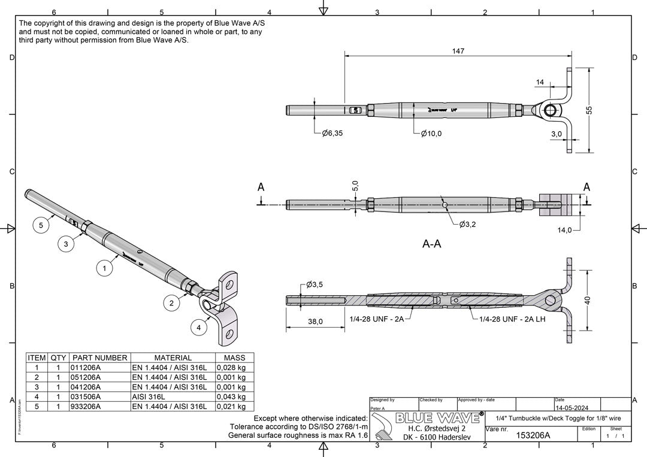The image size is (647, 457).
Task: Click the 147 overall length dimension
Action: pyautogui.click(x=458, y=52)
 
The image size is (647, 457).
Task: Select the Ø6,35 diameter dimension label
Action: pyautogui.click(x=332, y=134)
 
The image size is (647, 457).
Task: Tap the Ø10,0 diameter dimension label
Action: pyautogui.click(x=431, y=134)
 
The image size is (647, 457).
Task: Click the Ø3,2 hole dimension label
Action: pyautogui.click(x=470, y=225)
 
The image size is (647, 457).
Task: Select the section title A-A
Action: pyautogui.click(x=432, y=244)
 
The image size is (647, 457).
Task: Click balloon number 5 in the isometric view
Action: pyautogui.click(x=41, y=225)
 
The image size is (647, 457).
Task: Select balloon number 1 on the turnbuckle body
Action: pyautogui.click(x=105, y=269)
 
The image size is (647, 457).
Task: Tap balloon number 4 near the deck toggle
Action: pyautogui.click(x=198, y=328)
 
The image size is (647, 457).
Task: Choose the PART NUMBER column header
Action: pyautogui.click(x=99, y=358)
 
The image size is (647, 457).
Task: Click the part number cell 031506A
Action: pyautogui.click(x=86, y=397)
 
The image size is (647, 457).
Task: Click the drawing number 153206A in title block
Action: pyautogui.click(x=533, y=436)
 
